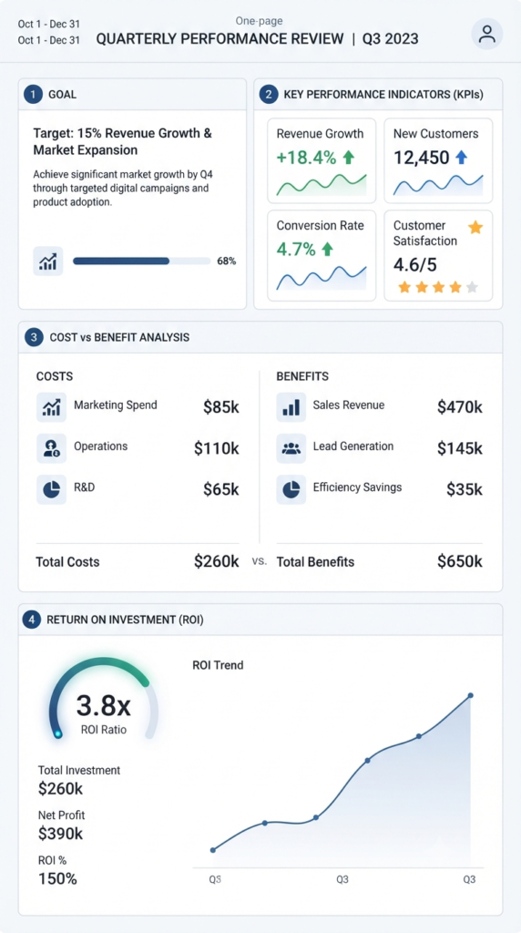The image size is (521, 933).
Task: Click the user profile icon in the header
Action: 487,34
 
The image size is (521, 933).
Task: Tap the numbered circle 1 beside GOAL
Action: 34,94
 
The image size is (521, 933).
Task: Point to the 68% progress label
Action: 227,261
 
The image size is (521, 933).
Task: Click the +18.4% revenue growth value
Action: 306,158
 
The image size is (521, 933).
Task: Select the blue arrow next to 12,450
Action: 461,157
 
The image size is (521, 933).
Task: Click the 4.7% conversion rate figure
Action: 296,250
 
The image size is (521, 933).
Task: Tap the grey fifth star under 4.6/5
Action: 472,287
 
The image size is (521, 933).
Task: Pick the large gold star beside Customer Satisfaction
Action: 475,227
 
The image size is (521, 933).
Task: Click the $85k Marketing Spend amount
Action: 221,407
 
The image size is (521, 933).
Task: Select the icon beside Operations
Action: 51,448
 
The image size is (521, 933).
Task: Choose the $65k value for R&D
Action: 221,489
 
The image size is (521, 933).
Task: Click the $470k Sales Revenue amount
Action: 460,407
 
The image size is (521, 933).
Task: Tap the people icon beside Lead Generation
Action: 291,448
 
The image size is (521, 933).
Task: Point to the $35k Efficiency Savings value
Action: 465,489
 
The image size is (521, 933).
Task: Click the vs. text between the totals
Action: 260,561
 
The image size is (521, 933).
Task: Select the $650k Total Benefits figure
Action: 460,561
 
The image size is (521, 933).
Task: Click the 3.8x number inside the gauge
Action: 104,706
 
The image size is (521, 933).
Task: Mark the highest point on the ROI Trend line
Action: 470,695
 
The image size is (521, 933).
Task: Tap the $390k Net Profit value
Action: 61,834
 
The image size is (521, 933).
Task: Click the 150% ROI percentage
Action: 57,879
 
